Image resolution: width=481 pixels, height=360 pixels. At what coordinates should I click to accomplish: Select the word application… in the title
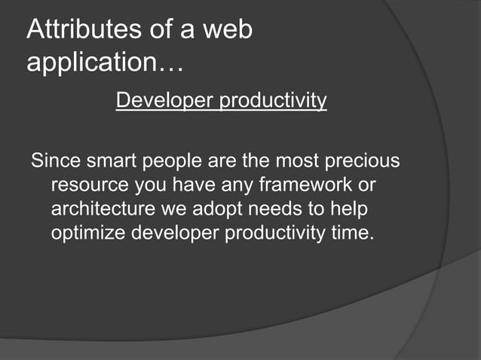pos(105,63)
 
